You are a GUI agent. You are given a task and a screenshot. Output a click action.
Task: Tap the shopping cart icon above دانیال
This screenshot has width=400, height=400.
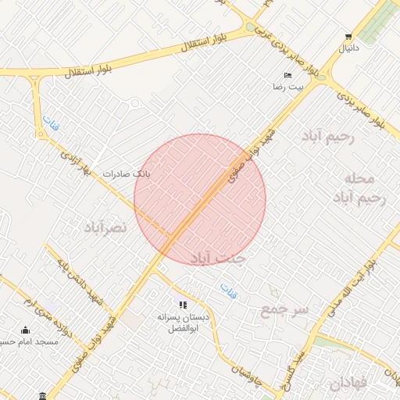348,37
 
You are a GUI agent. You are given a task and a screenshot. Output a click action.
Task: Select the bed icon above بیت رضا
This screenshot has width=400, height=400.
287,75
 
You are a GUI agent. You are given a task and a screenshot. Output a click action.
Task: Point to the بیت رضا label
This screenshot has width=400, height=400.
287,87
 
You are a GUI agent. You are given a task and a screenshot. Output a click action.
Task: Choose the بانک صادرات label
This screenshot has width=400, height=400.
131,173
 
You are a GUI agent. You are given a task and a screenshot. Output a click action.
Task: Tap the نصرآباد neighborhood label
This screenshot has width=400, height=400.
105,227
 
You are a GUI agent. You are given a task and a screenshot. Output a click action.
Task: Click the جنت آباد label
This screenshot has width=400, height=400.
220,257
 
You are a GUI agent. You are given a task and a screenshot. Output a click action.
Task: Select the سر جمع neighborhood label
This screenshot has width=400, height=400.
284,310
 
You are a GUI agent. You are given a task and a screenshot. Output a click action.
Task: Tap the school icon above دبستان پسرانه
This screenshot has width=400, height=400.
182,305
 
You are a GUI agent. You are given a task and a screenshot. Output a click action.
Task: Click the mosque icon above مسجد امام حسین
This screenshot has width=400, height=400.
25,330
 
